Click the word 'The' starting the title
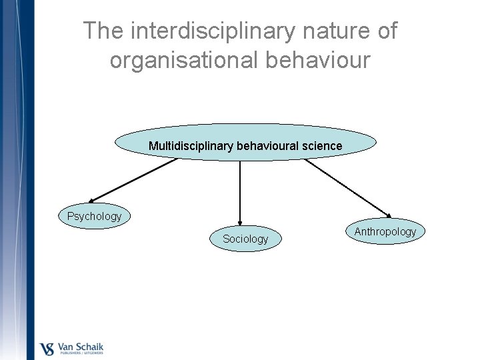[105, 31]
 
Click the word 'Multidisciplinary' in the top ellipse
[189, 145]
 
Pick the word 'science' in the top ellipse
[321, 145]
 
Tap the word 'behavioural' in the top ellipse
[265, 145]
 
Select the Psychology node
[94, 216]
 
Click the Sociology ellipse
[245, 238]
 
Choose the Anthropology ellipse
[385, 231]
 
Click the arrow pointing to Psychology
[133, 180]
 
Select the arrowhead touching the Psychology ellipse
[93, 200]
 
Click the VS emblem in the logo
[48, 349]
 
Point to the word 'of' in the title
[386, 31]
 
